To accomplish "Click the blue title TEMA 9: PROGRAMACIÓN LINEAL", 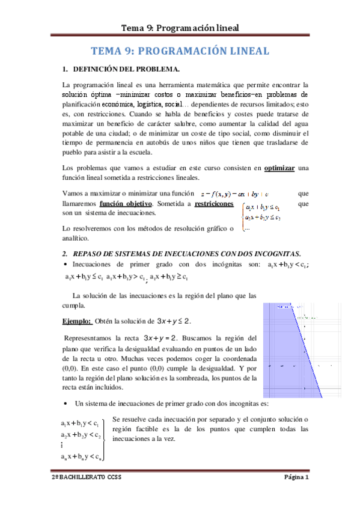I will tap(180, 52).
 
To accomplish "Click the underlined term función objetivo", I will tap(125, 204).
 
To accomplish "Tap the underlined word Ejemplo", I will tap(77, 321).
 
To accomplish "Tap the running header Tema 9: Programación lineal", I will tap(180, 27).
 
